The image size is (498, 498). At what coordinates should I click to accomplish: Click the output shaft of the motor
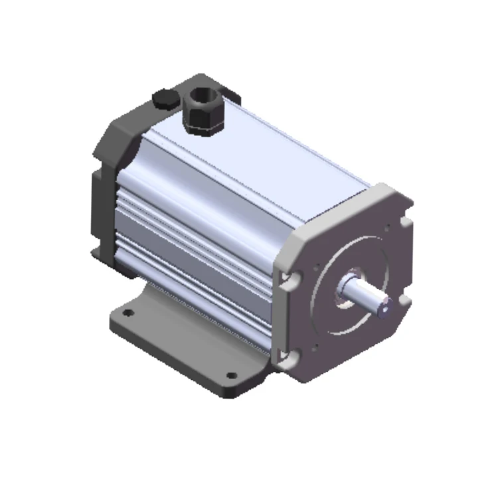click(x=364, y=293)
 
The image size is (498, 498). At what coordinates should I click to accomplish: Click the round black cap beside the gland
click(x=165, y=99)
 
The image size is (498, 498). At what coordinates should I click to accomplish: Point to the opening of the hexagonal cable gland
click(x=201, y=94)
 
